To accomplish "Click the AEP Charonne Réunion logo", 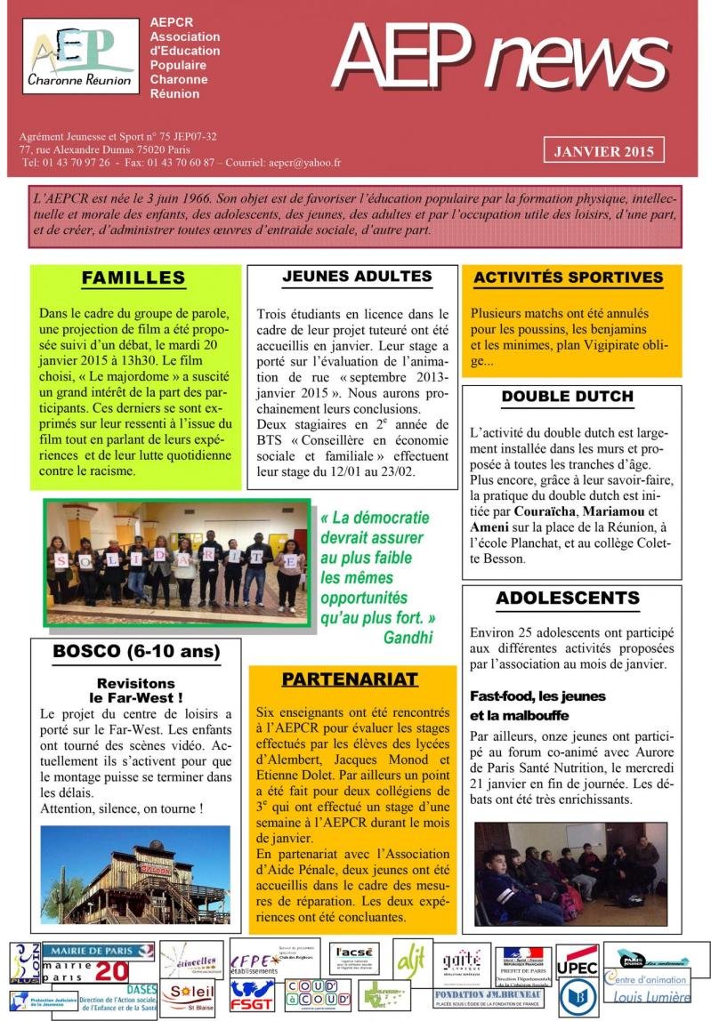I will (81, 56).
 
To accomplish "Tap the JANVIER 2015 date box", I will (604, 151).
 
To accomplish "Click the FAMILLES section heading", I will (133, 278).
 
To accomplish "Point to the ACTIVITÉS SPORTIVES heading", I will (568, 277).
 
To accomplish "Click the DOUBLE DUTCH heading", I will (567, 397).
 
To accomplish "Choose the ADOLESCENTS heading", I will (568, 598).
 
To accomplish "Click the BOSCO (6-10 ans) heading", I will (136, 652).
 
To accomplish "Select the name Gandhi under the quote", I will (408, 637).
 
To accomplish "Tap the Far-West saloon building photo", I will (134, 874).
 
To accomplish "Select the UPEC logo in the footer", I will (577, 966).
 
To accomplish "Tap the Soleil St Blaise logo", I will (188, 995).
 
